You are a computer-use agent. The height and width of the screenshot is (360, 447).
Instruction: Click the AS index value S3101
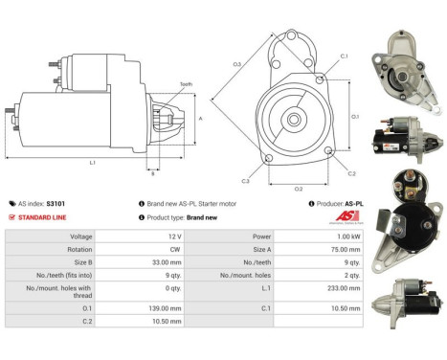tap(56, 204)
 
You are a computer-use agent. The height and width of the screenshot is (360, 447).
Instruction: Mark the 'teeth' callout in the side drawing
tap(186, 84)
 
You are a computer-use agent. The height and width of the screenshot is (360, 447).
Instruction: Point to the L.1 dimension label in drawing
tap(93, 163)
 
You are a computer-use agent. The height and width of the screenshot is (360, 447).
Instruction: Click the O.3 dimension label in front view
tap(236, 65)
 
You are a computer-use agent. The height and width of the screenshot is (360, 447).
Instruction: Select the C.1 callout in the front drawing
tap(344, 57)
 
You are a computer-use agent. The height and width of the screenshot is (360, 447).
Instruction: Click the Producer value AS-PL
tap(355, 204)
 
